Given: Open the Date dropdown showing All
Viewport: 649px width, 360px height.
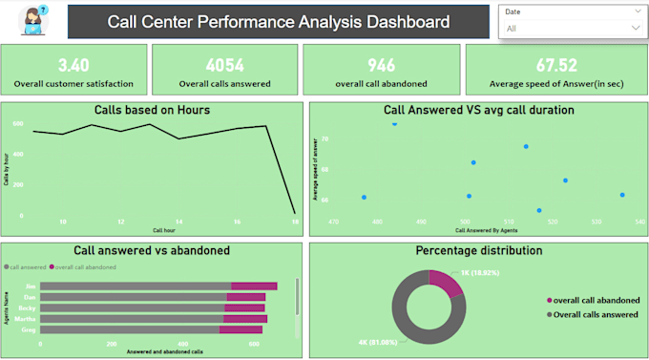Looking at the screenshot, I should click(x=571, y=29).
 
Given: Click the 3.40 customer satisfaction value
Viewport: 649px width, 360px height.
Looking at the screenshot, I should click(x=74, y=65).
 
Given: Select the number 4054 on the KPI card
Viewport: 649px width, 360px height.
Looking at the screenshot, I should click(x=224, y=65).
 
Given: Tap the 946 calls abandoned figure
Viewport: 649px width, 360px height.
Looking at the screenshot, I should click(x=381, y=65).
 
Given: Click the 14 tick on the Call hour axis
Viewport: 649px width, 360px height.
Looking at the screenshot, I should click(x=178, y=222).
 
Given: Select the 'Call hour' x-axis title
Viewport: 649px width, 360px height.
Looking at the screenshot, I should click(x=164, y=231).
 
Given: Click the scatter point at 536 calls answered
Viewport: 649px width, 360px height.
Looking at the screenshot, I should click(x=622, y=195).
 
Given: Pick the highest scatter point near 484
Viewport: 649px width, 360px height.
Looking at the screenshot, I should click(x=394, y=123).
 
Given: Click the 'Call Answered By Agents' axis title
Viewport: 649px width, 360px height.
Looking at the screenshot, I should click(x=486, y=231).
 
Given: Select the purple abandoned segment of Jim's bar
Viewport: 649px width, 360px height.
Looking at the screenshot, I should click(x=254, y=286).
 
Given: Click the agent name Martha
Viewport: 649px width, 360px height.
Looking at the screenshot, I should click(x=28, y=319).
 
